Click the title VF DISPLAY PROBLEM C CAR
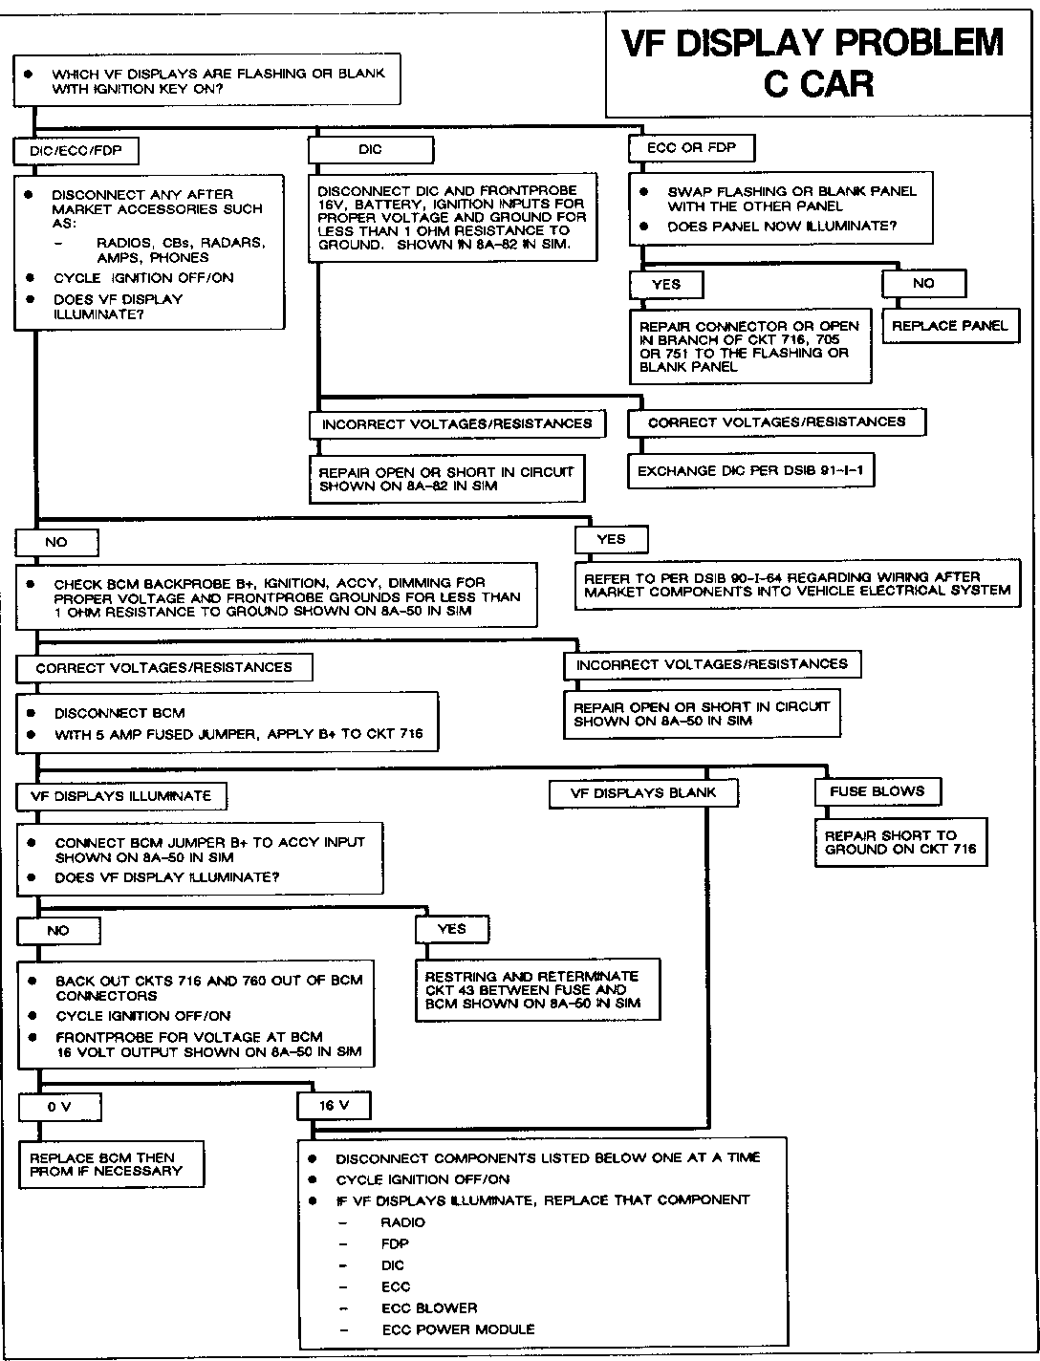coord(813,63)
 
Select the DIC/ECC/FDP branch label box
coord(75,150)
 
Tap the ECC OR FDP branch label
coord(691,148)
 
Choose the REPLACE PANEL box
coord(950,325)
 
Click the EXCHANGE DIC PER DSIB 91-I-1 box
coord(750,471)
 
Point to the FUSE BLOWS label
coord(877,791)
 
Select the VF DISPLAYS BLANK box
coord(642,793)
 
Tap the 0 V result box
coord(59,1107)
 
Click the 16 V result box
coord(335,1105)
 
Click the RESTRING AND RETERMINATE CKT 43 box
coord(537,990)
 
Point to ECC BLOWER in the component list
coord(429,1307)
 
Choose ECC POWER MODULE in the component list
coord(458,1329)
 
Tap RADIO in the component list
coord(402,1222)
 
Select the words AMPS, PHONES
coord(153,257)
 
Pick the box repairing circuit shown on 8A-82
coord(446,479)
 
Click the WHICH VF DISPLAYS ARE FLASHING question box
coord(205,81)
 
